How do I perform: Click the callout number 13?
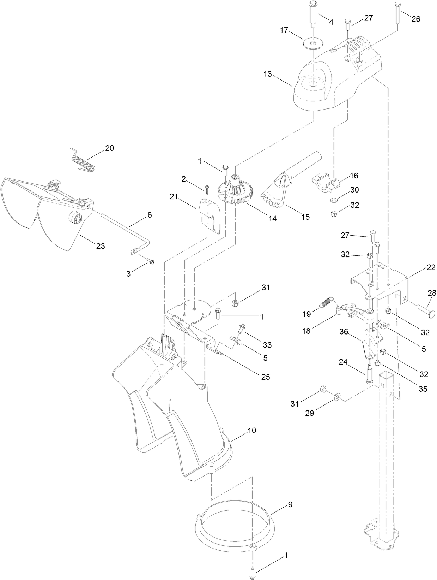(268, 74)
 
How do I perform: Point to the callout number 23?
(101, 246)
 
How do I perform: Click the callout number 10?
(252, 431)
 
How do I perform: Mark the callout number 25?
(266, 377)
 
